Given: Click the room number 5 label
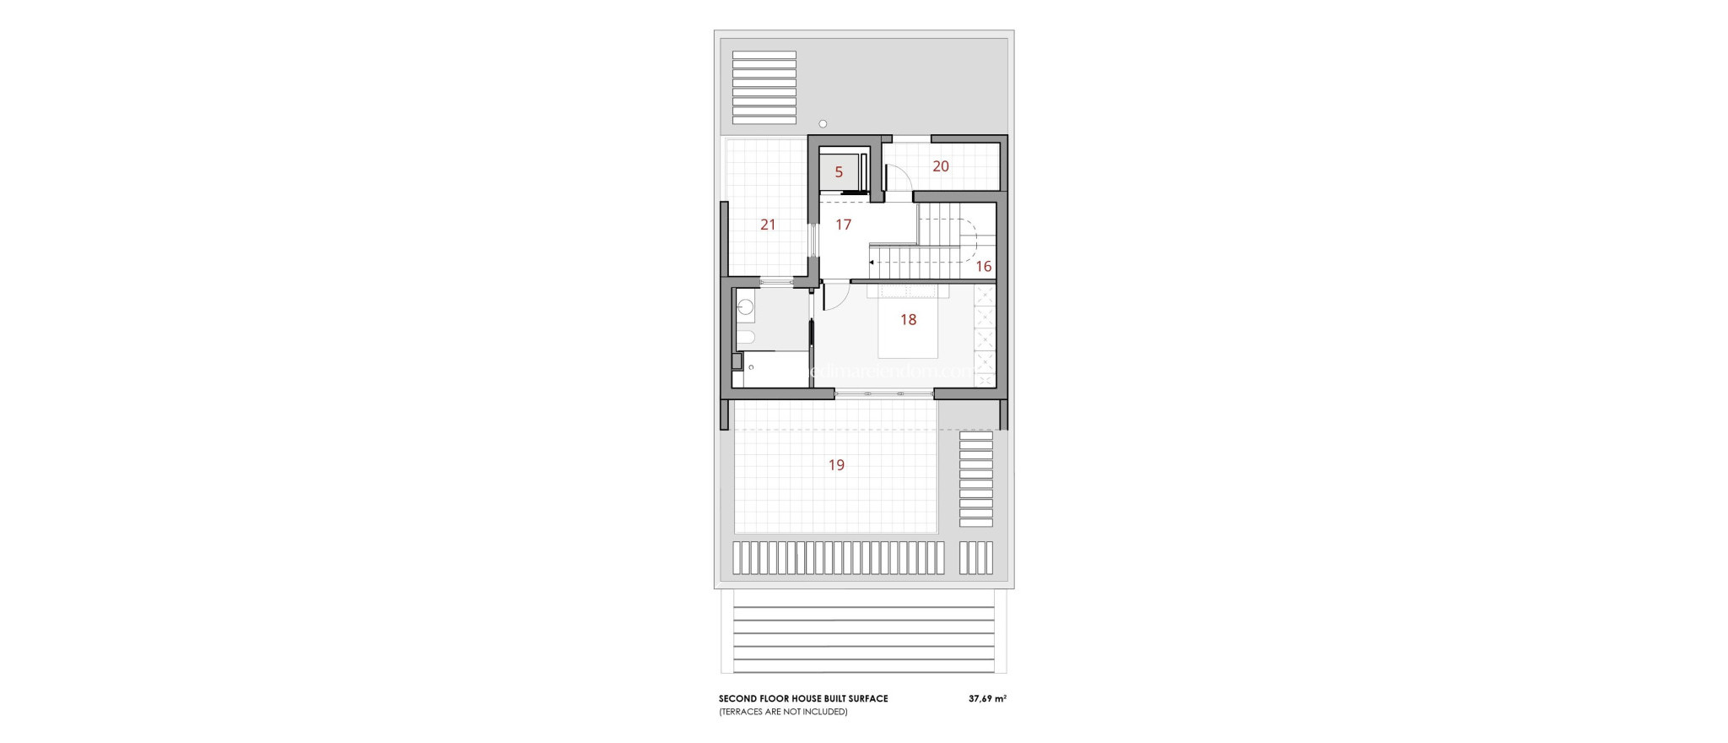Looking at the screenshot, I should pos(839,172).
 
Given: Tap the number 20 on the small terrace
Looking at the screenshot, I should pos(941,166).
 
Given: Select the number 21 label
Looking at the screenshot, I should pos(768,225).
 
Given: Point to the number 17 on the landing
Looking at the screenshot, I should pos(843,225).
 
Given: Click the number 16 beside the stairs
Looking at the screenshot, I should pos(983,267).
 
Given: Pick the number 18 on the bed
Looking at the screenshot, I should pos(908,319).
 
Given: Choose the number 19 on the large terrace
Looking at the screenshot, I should pos(836,464).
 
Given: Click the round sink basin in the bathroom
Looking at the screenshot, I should pos(155,307).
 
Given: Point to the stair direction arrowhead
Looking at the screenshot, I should pos(871,263).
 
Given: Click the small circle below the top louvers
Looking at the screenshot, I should pos(823,124).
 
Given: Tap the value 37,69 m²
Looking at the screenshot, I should pos(987,698).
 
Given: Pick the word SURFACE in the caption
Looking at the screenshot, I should pos(868,698).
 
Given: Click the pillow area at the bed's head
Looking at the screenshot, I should pos(908,291).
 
